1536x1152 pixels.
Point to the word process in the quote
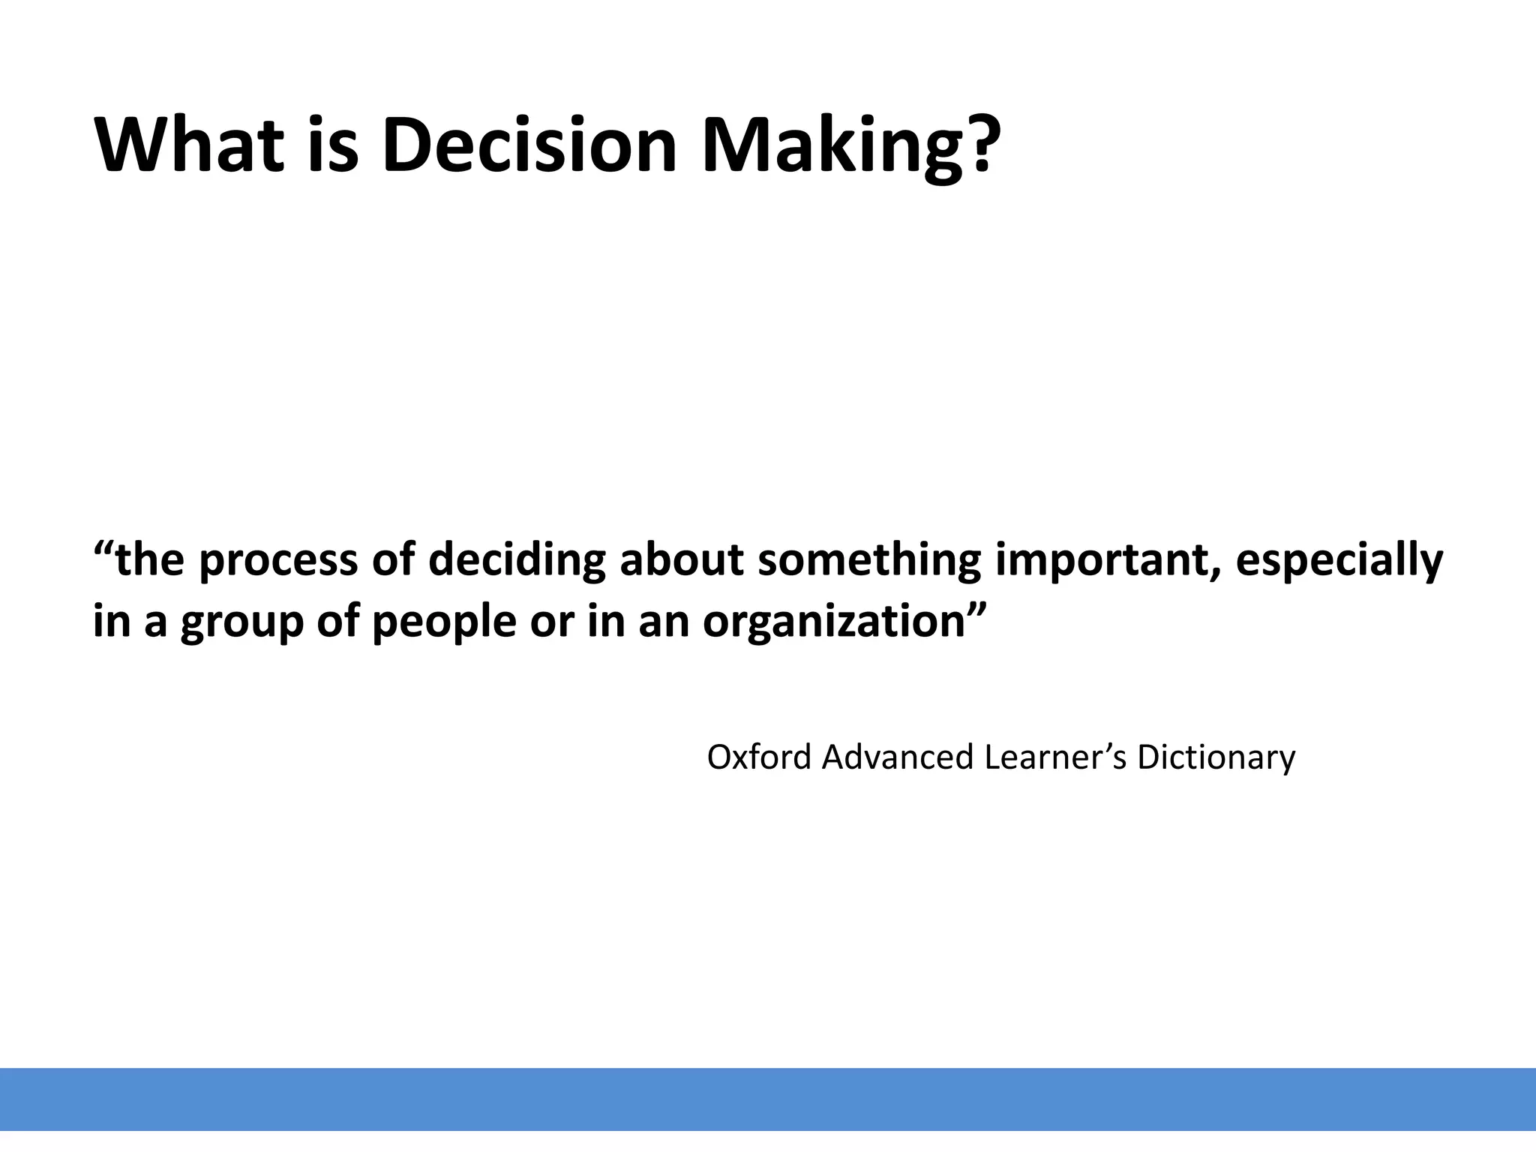278,561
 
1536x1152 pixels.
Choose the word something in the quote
869,559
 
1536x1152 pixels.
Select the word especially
1339,561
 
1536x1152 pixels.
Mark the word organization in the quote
833,622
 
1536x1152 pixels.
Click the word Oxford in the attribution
759,757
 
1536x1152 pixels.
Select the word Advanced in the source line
897,757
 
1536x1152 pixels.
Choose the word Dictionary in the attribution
1216,757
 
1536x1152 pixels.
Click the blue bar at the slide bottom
768,1099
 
